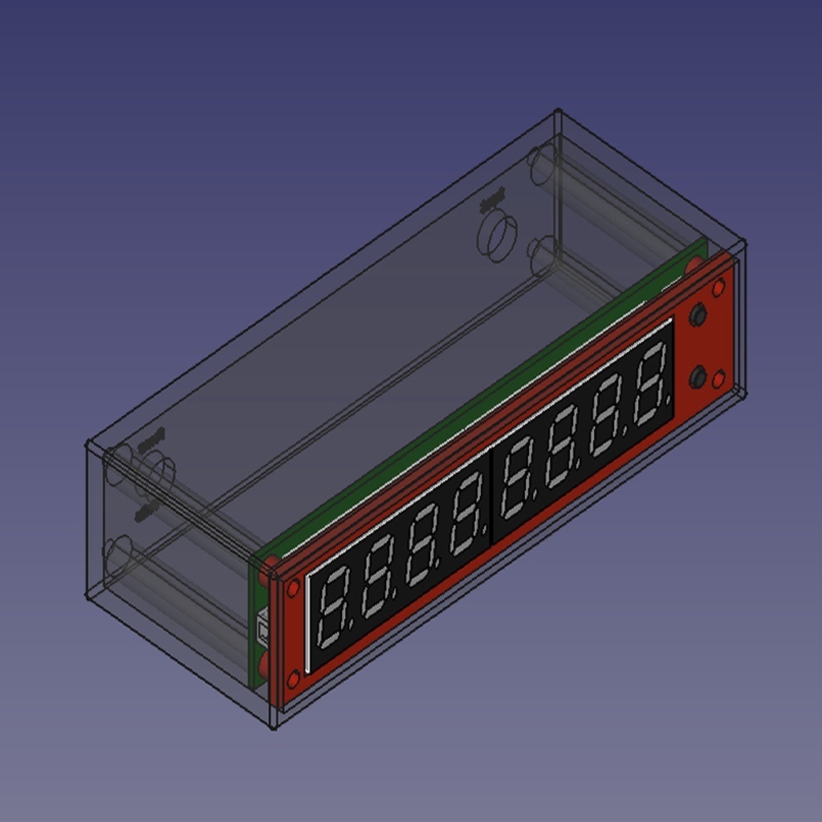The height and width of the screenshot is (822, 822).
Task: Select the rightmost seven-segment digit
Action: pos(650,385)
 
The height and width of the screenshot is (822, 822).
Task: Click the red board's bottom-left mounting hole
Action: pos(293,680)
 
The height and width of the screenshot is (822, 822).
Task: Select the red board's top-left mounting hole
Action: pos(293,588)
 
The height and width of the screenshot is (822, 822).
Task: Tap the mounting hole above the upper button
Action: pos(718,287)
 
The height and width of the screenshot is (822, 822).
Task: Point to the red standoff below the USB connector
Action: pos(263,665)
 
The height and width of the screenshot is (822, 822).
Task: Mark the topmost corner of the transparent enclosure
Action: pos(558,112)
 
